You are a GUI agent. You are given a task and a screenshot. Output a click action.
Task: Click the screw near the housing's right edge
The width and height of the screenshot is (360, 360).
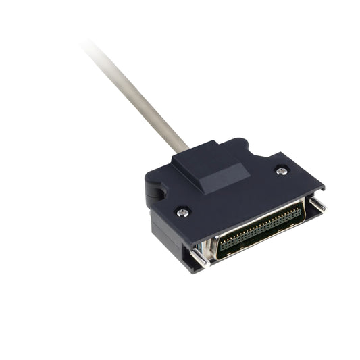coord(282,171)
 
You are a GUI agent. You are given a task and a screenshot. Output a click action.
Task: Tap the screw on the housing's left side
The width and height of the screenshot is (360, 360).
coord(183,212)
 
